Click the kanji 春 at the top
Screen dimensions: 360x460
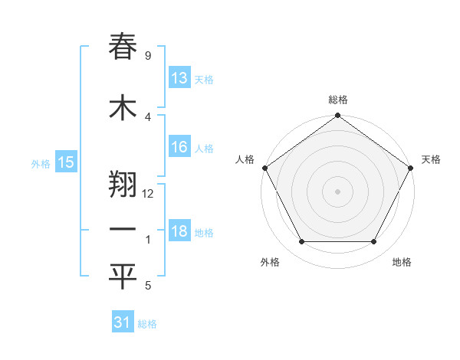(x=123, y=47)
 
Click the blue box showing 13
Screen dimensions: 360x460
(x=179, y=78)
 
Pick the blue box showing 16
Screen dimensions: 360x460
(x=179, y=147)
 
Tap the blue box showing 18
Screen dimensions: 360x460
(x=179, y=231)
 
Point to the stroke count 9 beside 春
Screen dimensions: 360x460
(x=147, y=55)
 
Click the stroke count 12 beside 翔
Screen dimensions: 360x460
(x=149, y=193)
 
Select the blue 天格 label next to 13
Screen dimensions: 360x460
(x=204, y=80)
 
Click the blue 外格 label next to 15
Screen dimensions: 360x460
(x=41, y=163)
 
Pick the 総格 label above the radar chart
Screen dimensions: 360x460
(x=338, y=100)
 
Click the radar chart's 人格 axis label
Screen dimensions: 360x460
(x=245, y=159)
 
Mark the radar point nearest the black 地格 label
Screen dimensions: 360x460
(x=374, y=242)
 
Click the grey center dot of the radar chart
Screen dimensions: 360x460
(x=337, y=191)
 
